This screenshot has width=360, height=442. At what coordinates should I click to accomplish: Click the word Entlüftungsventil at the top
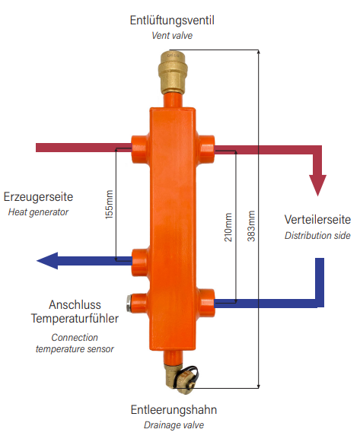coord(172,21)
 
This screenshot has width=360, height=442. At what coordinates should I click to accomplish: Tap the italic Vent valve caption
coord(172,36)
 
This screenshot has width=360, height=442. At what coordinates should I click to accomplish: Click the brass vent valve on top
coord(171,72)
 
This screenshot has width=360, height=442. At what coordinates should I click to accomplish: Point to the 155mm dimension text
coord(109,205)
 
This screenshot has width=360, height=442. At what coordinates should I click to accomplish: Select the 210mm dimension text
coord(228,227)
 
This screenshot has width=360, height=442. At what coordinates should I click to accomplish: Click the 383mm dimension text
coord(251,226)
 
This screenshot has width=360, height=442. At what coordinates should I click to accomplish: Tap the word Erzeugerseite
coord(38,197)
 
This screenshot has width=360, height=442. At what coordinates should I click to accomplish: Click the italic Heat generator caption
coord(38,212)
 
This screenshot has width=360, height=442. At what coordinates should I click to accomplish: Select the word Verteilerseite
coord(317,220)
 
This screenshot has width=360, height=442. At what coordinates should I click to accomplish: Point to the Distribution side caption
coord(317,235)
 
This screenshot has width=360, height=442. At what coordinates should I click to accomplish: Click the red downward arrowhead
coord(317,185)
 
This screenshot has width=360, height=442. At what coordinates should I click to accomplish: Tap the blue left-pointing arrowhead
coord(47,261)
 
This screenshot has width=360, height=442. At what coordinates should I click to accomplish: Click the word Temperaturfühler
coord(75,319)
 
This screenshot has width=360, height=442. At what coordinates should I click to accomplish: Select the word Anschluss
coord(75,305)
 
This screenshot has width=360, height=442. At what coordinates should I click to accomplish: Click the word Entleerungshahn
coord(174,410)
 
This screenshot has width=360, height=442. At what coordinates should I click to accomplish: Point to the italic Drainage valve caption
coord(174,425)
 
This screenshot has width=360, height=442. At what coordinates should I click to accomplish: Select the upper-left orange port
coord(140,149)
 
